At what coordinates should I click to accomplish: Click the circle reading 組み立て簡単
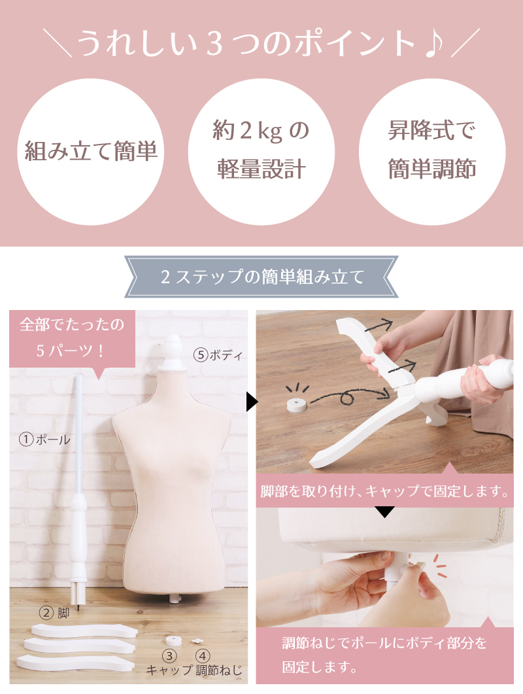(x=90, y=152)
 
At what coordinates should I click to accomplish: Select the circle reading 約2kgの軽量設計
(x=261, y=152)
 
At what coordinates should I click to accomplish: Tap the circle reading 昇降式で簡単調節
(x=432, y=152)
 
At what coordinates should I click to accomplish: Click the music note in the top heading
(x=431, y=43)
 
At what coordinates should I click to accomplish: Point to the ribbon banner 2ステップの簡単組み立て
(x=261, y=277)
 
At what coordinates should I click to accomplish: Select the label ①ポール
(x=44, y=440)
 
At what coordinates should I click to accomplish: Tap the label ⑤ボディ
(x=218, y=356)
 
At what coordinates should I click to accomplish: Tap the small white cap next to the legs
(x=173, y=639)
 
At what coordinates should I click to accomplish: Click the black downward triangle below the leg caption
(x=384, y=512)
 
